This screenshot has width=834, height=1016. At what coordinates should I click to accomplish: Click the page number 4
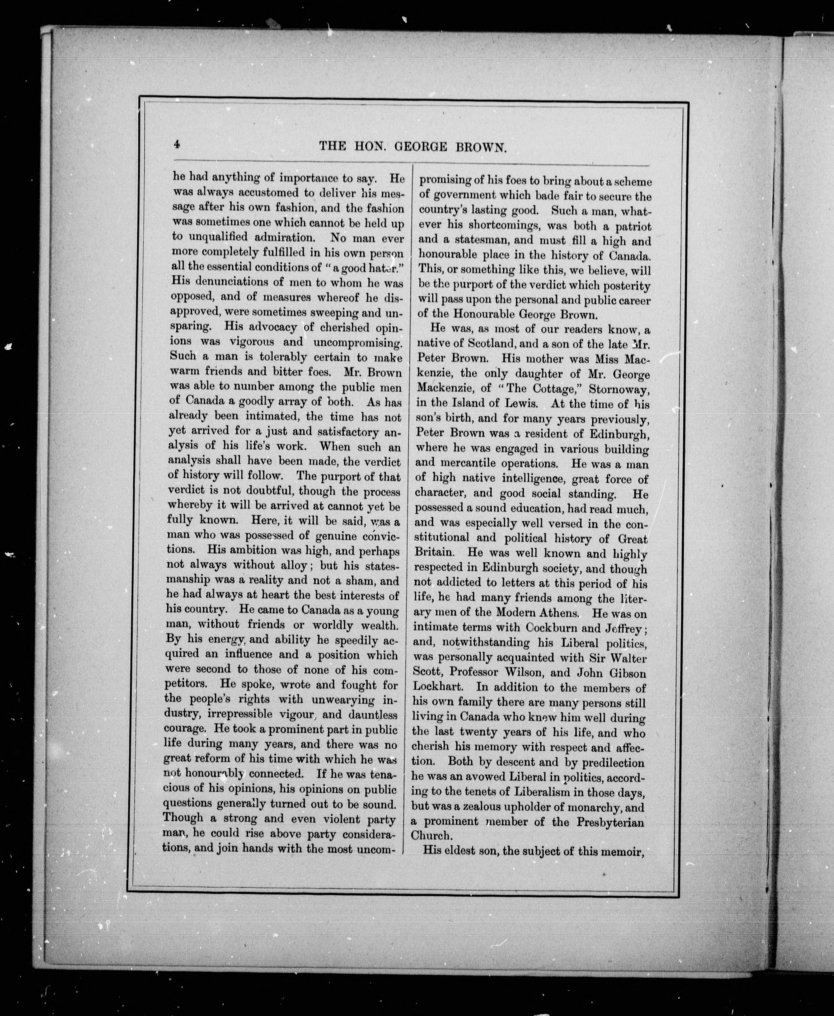[177, 144]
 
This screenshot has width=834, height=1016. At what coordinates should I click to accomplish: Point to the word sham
[350, 581]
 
